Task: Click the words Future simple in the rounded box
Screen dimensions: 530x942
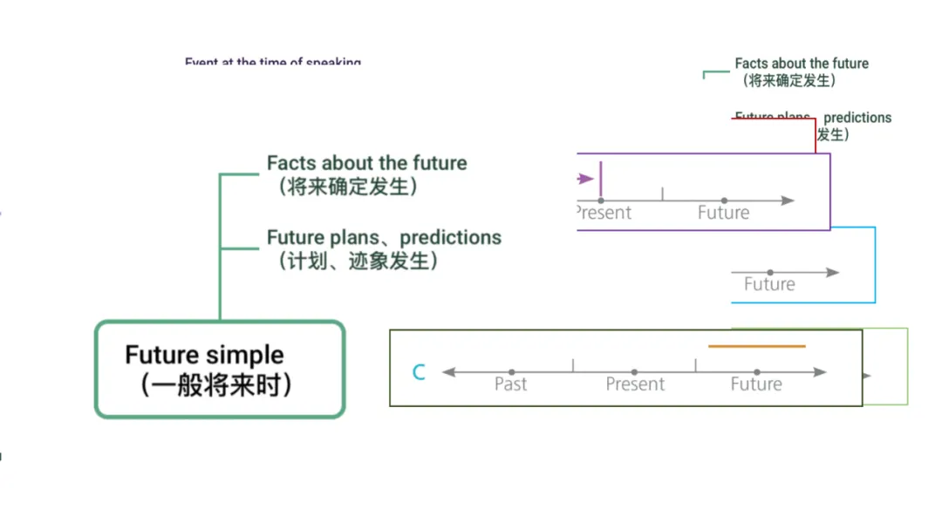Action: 204,356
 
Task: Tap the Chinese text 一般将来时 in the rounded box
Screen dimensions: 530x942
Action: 215,384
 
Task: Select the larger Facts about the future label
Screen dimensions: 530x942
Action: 366,163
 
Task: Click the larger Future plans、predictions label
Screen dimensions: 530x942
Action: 384,237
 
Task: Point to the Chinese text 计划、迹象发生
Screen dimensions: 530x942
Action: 357,261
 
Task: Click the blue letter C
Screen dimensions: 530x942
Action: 419,373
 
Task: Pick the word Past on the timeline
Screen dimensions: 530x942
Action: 510,384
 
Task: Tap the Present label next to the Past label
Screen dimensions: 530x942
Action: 635,384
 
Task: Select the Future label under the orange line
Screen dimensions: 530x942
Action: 756,384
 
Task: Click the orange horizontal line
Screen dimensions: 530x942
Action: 757,346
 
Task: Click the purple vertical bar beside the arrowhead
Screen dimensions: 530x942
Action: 601,179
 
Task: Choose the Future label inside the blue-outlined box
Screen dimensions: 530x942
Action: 769,284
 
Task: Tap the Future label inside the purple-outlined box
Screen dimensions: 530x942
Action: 723,213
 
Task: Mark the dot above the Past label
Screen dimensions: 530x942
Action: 511,372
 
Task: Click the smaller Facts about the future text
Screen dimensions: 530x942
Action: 801,64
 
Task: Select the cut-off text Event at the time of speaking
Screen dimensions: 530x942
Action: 272,63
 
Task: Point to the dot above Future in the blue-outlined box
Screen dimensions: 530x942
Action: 770,273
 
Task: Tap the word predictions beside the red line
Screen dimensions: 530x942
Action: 857,118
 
